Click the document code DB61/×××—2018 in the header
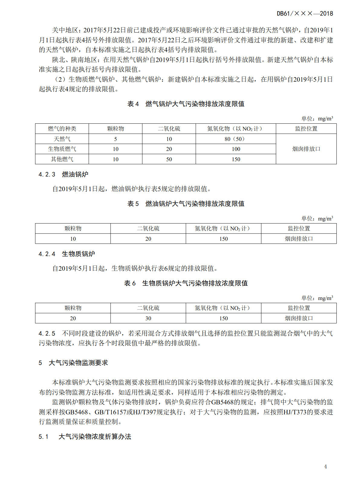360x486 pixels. (305, 14)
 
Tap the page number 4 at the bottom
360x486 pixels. (325, 467)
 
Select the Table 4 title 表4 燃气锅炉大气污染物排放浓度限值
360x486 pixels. (186, 104)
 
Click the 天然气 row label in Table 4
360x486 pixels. (62, 139)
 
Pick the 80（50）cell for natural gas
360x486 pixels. (235, 139)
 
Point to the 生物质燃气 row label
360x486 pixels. (62, 149)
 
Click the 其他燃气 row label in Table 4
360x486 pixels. (62, 159)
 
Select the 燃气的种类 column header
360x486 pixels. (62, 129)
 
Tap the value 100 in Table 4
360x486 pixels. (236, 149)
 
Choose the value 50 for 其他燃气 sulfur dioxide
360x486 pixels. (169, 159)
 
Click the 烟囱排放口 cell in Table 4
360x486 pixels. (306, 149)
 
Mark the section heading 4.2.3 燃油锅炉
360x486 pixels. (63, 175)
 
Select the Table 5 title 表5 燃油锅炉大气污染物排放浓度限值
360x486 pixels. (186, 204)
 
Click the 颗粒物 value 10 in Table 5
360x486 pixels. (73, 239)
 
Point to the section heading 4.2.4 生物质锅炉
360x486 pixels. (67, 254)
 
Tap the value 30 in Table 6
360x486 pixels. (148, 318)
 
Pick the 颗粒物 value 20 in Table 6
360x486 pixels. (73, 318)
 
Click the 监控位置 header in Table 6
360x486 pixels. (299, 308)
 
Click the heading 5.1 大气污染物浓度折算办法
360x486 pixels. (85, 437)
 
